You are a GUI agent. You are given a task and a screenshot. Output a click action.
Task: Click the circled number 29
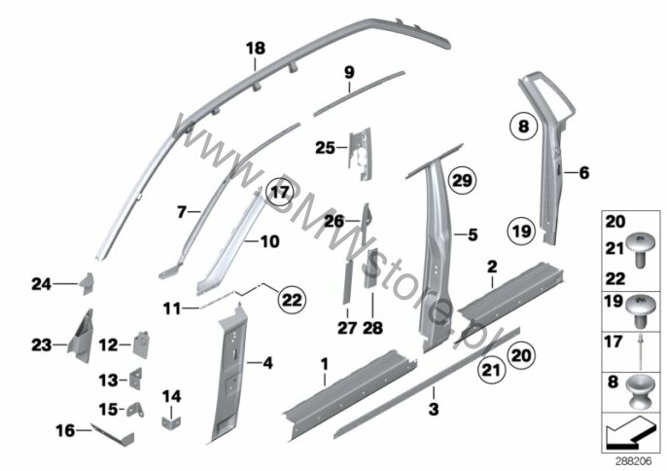(x=462, y=181)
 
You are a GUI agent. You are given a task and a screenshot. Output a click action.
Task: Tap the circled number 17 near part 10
(x=280, y=193)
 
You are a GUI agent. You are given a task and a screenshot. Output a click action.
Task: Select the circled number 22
(x=292, y=300)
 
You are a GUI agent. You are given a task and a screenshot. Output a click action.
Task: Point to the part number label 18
(x=255, y=49)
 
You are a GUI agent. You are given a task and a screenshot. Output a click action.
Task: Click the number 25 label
(x=325, y=148)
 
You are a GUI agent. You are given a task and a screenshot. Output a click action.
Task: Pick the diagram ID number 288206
(x=634, y=461)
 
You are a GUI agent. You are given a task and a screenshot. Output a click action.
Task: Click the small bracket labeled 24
(x=87, y=283)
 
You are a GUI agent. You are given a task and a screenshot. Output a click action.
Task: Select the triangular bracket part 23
(x=81, y=336)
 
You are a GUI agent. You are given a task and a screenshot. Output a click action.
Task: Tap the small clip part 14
(x=171, y=422)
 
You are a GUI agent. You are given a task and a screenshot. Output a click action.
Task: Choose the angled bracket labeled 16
(x=113, y=435)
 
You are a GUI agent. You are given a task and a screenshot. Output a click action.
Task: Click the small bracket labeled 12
(x=141, y=344)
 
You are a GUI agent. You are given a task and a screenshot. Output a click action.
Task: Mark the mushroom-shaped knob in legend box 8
(x=638, y=392)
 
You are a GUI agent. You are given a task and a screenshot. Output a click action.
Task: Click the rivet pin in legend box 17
(x=640, y=351)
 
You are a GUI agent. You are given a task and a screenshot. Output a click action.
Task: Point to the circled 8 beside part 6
(x=524, y=127)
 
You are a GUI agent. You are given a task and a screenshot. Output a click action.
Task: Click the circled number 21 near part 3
(x=491, y=370)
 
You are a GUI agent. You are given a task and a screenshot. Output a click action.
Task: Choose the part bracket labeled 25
(x=360, y=154)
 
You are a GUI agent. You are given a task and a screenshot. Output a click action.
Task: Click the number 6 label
(x=584, y=173)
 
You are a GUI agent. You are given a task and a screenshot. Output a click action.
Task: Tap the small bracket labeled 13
(x=135, y=379)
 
